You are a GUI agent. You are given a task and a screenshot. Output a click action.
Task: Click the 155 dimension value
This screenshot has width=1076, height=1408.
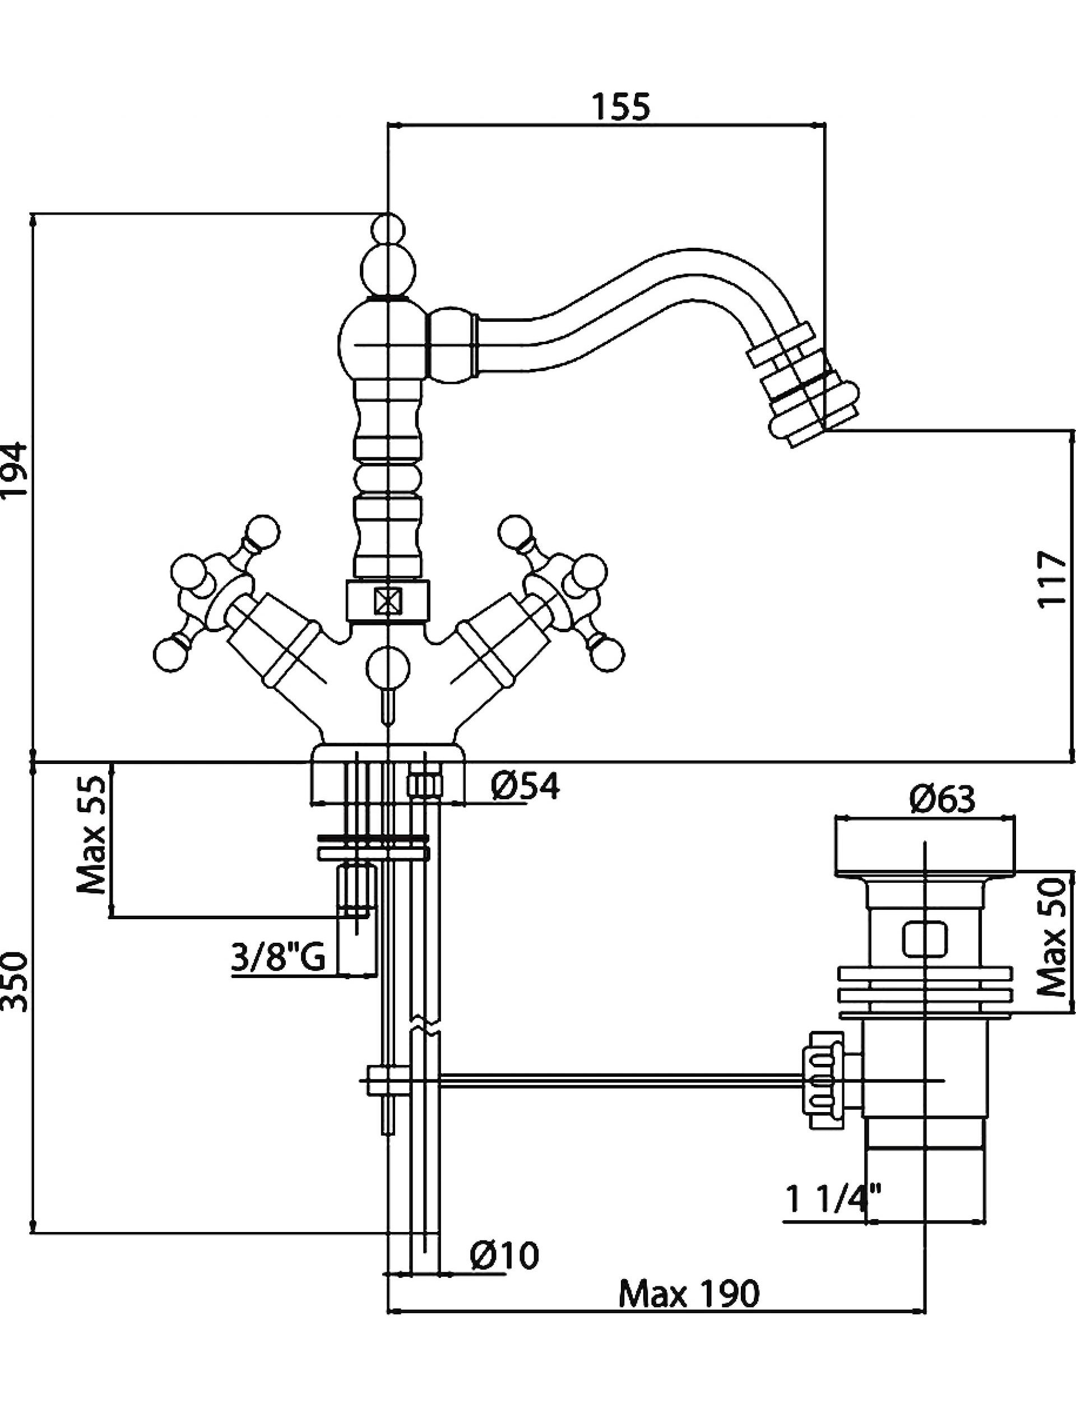tap(620, 107)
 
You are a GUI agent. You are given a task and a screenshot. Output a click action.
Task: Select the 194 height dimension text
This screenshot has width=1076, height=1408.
tap(14, 469)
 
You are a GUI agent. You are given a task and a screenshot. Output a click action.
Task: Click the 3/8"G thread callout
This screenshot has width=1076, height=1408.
tap(279, 960)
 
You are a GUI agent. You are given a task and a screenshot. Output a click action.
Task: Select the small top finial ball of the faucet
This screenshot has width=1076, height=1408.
tap(388, 229)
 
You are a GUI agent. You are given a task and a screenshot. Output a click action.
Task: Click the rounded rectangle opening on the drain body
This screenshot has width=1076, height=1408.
tap(925, 938)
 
